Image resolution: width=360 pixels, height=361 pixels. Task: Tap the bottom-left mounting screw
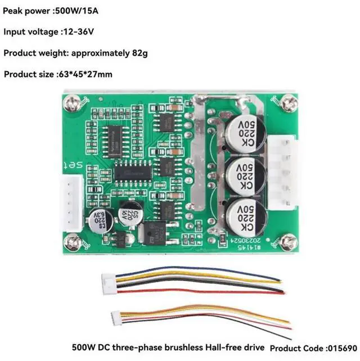coord(71,243)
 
